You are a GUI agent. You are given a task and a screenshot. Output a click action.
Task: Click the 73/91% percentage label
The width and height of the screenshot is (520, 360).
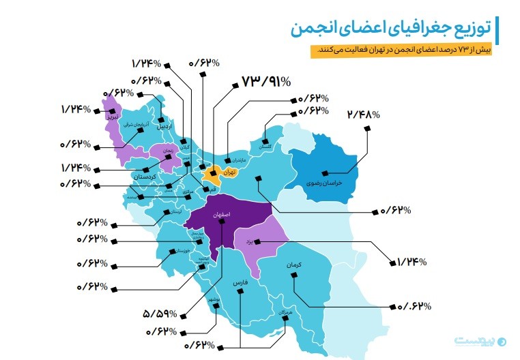point(266,80)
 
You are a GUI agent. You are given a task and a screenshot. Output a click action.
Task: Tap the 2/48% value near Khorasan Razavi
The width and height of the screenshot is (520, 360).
point(362,115)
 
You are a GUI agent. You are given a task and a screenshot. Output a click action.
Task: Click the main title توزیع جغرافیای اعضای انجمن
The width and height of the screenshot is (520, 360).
point(393,28)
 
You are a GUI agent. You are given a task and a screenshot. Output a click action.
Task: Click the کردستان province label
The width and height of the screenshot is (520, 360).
point(145,177)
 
